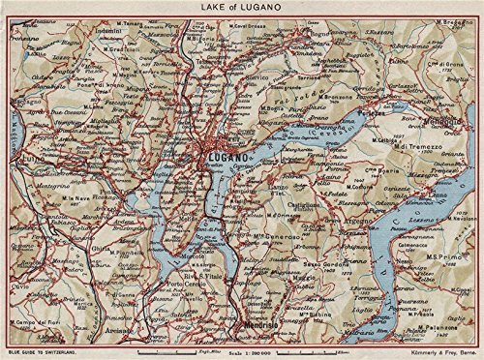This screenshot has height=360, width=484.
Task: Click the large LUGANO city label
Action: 225,157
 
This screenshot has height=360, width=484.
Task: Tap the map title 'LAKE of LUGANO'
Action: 241,9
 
